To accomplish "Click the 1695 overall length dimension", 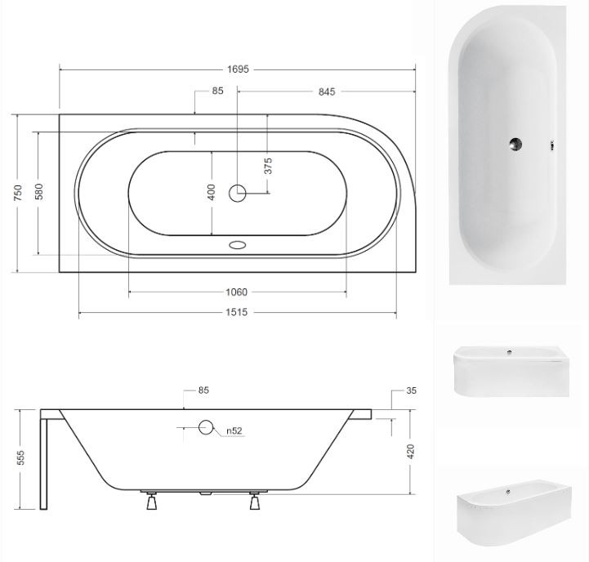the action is [238, 69].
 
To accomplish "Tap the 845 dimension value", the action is [327, 91].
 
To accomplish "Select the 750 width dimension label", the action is [18, 193].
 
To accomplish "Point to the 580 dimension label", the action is [39, 192].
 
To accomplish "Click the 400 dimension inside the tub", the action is [212, 192].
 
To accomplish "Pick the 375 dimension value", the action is [268, 166].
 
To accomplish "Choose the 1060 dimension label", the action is [236, 292].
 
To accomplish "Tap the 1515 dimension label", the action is [236, 312].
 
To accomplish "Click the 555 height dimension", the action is [21, 457].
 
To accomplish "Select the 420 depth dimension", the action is [411, 452].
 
